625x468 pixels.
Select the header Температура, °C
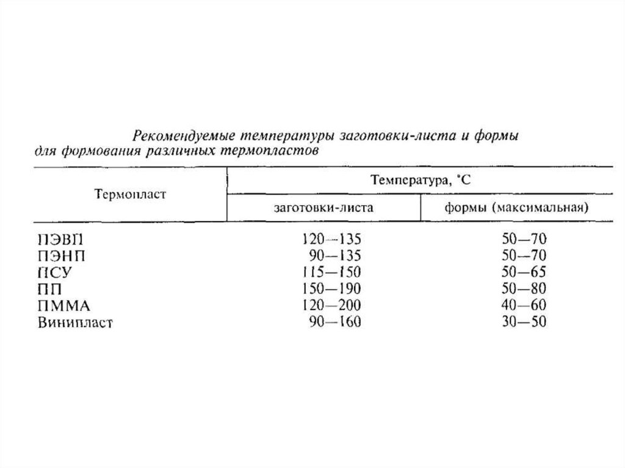[x=420, y=181]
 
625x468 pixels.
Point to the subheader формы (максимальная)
[x=516, y=207]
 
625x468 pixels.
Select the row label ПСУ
[x=51, y=272]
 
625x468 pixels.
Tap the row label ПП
[x=46, y=288]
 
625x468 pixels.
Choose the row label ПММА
[x=59, y=304]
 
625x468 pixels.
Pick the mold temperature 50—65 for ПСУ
[x=521, y=272]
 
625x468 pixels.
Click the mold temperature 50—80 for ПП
[x=521, y=288]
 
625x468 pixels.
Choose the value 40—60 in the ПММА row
[x=521, y=304]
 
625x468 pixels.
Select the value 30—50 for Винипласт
[x=521, y=322]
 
